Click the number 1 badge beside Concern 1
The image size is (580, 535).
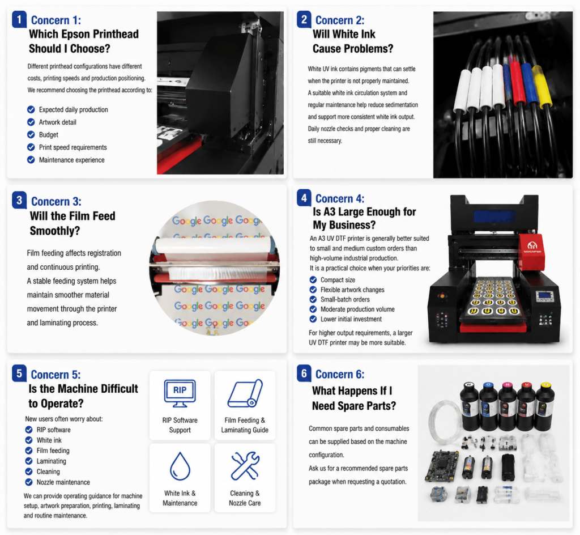click(19, 19)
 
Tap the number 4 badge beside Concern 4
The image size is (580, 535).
click(304, 198)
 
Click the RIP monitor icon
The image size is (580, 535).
click(180, 393)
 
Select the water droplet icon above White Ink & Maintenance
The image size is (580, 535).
click(180, 466)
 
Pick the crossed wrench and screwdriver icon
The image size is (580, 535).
click(245, 465)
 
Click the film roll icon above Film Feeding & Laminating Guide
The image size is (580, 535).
click(245, 393)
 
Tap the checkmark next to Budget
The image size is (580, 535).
click(31, 135)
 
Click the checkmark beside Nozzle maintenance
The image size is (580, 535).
click(29, 482)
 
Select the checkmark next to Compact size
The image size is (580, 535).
click(313, 280)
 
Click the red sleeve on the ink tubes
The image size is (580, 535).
click(515, 82)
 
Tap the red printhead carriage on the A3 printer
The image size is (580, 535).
click(531, 252)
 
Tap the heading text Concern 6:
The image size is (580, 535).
click(340, 375)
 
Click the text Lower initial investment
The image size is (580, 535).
click(351, 319)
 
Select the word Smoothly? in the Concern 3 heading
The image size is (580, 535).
click(55, 231)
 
